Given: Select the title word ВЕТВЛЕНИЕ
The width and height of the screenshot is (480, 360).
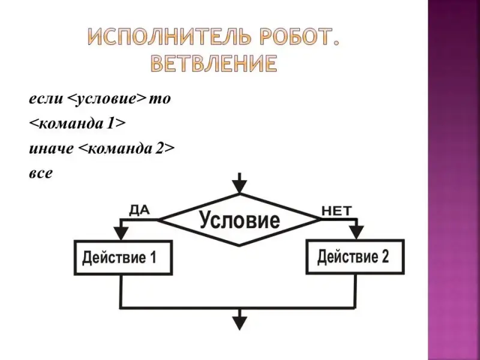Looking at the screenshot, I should (214, 63).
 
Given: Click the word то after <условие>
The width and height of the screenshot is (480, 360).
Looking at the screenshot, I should (160, 98).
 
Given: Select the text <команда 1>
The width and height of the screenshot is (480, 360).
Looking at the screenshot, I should (77, 124).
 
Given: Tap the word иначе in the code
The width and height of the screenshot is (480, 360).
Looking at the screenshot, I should (50, 148).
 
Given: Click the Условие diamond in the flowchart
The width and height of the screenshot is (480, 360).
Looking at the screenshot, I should (239, 220).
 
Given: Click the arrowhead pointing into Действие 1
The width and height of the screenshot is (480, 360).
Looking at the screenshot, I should (122, 233).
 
